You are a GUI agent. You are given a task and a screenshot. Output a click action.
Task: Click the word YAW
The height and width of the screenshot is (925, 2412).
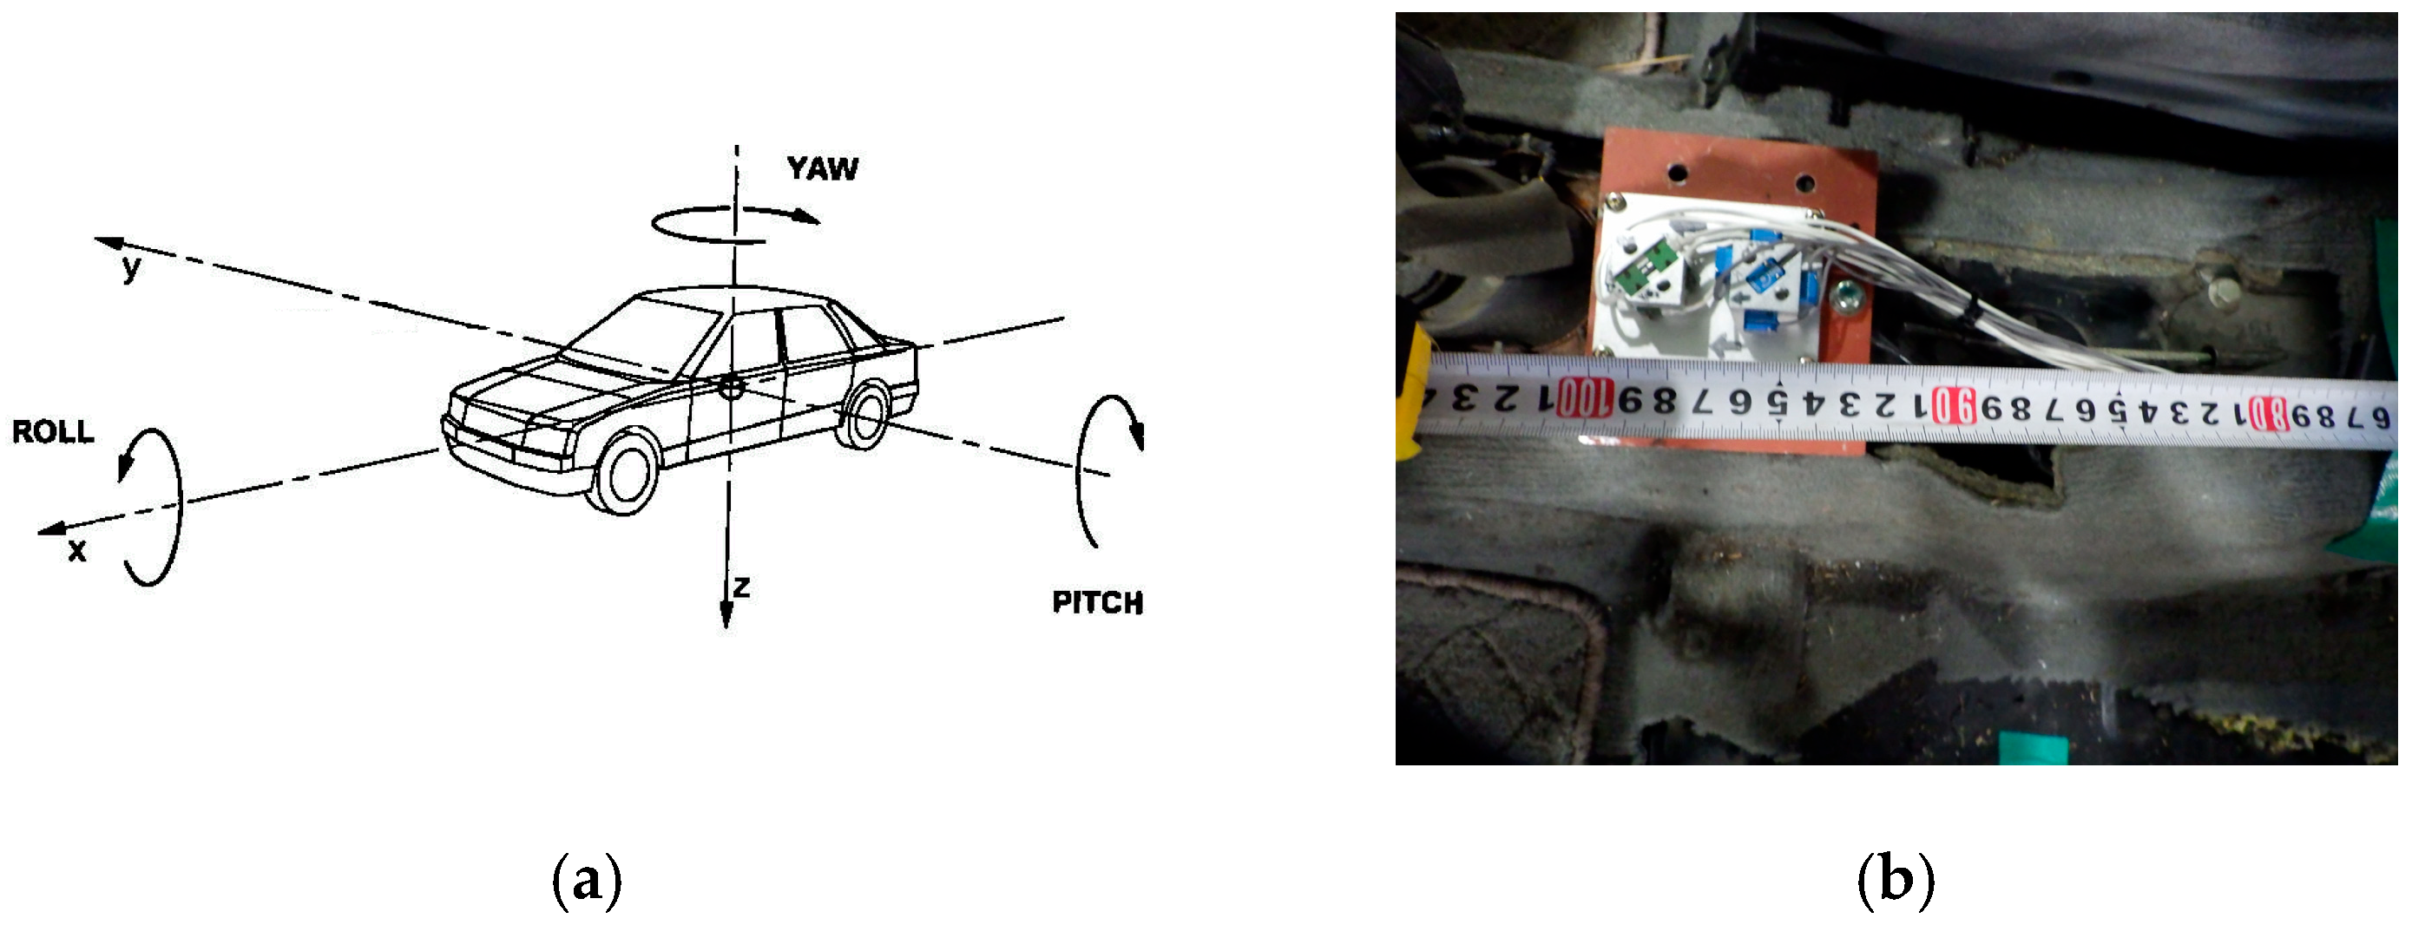pyautogui.click(x=822, y=168)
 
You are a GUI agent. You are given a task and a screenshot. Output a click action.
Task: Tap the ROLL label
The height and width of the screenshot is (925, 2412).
pyautogui.click(x=53, y=431)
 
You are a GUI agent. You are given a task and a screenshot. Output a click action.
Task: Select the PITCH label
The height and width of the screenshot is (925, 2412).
pyautogui.click(x=1097, y=602)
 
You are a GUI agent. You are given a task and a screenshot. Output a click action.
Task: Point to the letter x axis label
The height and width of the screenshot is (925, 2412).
pyautogui.click(x=76, y=550)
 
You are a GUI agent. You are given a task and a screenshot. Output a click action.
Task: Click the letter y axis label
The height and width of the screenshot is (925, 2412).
pyautogui.click(x=132, y=268)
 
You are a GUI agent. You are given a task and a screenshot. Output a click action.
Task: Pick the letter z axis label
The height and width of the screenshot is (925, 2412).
pyautogui.click(x=741, y=587)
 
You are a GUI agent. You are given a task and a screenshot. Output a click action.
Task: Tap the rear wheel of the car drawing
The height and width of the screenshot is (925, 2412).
pyautogui.click(x=866, y=414)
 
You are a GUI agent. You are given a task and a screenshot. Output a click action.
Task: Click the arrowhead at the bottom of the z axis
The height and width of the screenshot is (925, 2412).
pyautogui.click(x=726, y=615)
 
